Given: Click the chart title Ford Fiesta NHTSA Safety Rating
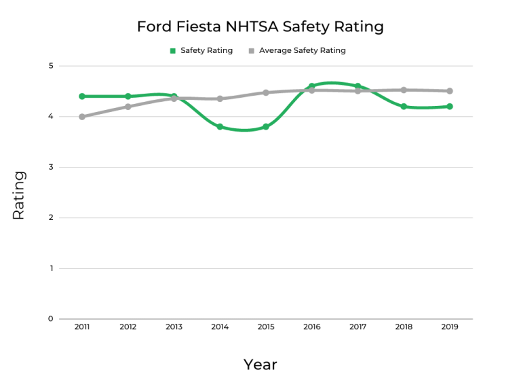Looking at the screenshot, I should [260, 26].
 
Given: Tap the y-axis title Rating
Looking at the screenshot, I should [18, 195].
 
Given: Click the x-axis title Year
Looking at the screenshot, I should [260, 365].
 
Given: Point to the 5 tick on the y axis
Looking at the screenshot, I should [51, 66].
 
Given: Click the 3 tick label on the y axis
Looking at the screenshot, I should [51, 167].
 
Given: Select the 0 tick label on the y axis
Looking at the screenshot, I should [51, 319].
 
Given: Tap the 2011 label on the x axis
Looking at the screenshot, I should [82, 327].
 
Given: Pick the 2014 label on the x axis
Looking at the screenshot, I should [220, 327].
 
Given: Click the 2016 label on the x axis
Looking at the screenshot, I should [312, 327].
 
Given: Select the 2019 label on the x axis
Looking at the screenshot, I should [449, 327].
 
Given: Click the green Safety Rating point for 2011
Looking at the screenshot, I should [82, 96].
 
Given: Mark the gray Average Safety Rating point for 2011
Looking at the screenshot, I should [82, 117].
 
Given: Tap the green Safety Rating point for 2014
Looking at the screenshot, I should [220, 127].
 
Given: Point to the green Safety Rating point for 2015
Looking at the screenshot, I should [266, 127].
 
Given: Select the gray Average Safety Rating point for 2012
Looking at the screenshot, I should [128, 107].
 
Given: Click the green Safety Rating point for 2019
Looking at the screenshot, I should [449, 107].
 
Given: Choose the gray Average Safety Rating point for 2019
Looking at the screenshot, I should [449, 91].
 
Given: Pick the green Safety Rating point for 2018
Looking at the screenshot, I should [404, 107].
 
